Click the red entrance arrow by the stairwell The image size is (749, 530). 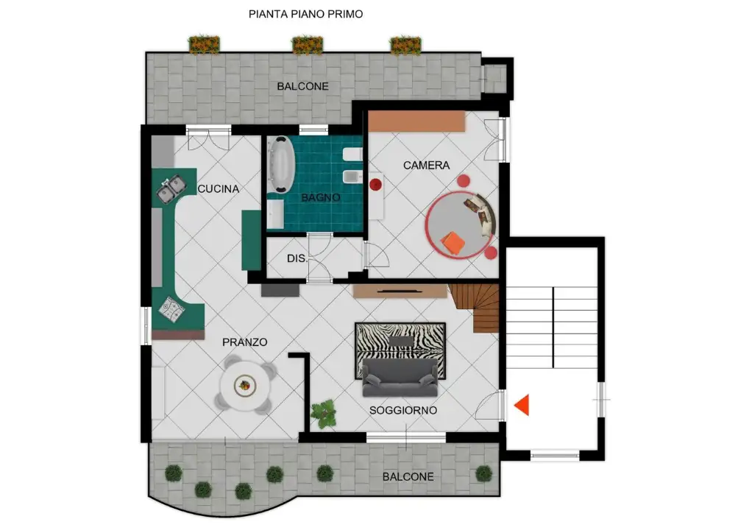pyautogui.click(x=522, y=405)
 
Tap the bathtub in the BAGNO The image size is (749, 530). pyautogui.click(x=280, y=165)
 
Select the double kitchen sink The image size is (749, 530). pyautogui.click(x=171, y=188)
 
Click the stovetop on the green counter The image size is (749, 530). pyautogui.click(x=172, y=308)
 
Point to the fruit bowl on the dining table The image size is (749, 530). pyautogui.click(x=245, y=385)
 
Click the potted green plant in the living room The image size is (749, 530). pyautogui.click(x=324, y=414)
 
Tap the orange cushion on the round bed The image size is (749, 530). pyautogui.click(x=452, y=243)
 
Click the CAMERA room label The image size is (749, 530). pyautogui.click(x=427, y=166)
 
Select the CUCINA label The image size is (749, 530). pyautogui.click(x=219, y=188)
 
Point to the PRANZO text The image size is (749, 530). pyautogui.click(x=244, y=342)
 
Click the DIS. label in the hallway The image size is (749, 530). pyautogui.click(x=297, y=258)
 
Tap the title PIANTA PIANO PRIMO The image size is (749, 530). pyautogui.click(x=306, y=14)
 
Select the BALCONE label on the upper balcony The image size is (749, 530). pyautogui.click(x=303, y=87)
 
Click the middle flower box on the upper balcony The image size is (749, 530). pyautogui.click(x=307, y=45)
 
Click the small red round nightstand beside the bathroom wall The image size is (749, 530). pyautogui.click(x=375, y=184)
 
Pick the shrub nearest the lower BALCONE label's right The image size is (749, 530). pyautogui.click(x=484, y=473)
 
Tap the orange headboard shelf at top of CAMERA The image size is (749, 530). pyautogui.click(x=416, y=121)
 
